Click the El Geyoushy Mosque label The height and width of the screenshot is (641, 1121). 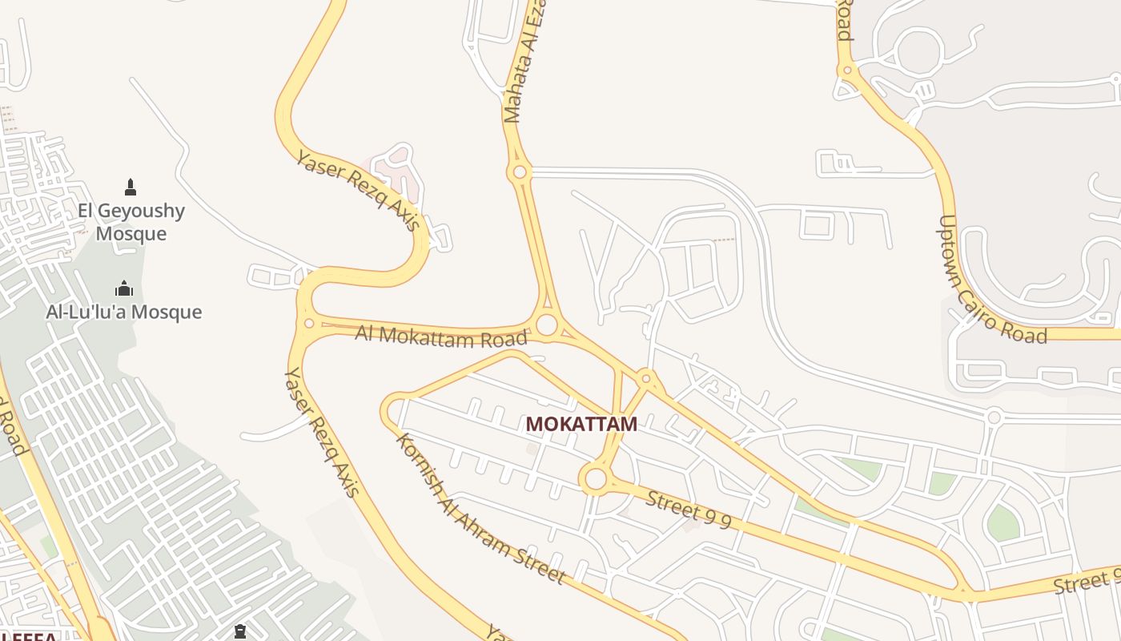[131, 222]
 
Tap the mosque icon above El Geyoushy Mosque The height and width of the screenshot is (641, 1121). [131, 187]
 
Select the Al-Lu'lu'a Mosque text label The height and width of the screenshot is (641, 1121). [124, 312]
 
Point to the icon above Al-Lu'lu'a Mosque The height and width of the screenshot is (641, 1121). [124, 288]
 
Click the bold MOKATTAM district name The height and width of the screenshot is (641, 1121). [581, 424]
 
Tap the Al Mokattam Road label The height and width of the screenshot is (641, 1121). [441, 336]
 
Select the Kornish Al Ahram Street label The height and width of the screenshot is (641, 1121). [480, 510]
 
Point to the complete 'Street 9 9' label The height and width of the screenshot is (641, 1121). [689, 510]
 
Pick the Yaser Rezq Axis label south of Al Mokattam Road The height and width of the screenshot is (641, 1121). [320, 432]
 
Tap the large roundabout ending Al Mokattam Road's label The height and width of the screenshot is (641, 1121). [547, 325]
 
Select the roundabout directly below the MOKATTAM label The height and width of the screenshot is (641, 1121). [596, 479]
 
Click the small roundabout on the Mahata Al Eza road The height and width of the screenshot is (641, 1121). [520, 171]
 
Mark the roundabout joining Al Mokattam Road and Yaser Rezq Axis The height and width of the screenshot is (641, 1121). [309, 323]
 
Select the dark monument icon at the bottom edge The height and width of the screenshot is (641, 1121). [239, 632]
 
